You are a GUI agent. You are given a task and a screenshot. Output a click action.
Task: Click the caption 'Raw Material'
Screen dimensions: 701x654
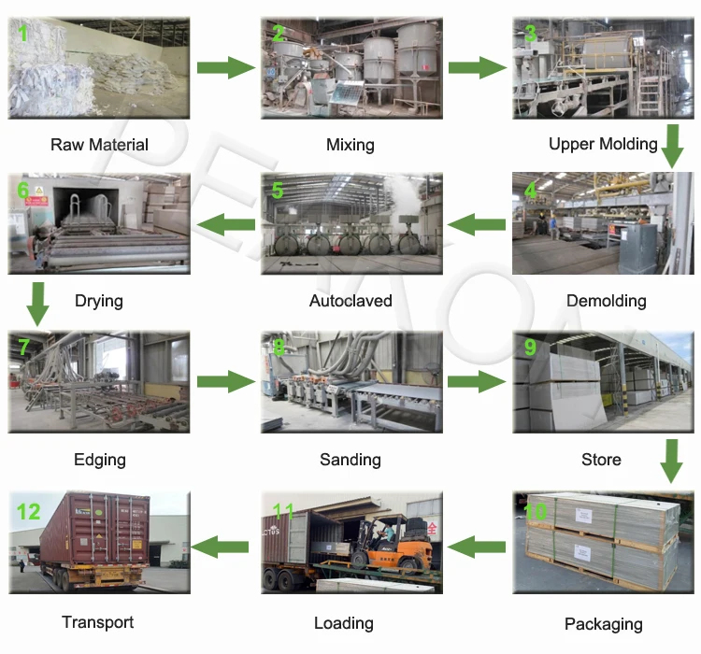tap(99, 145)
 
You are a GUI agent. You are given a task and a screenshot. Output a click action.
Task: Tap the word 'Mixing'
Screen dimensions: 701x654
tap(350, 146)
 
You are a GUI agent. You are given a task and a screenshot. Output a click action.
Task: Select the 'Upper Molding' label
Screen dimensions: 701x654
tap(603, 145)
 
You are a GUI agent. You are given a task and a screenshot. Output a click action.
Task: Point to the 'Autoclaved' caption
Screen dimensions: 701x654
tap(350, 301)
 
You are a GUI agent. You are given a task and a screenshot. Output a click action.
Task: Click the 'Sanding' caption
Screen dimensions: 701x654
tap(350, 460)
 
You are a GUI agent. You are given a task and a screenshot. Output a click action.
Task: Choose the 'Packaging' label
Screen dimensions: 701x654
tap(604, 624)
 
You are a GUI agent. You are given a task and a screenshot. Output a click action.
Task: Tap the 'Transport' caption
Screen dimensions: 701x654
tap(98, 622)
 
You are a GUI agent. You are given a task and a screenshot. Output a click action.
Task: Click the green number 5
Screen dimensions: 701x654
tap(278, 191)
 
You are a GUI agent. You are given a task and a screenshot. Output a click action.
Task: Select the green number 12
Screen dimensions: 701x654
tap(28, 512)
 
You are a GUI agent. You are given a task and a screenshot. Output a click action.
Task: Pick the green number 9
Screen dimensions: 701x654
tap(530, 348)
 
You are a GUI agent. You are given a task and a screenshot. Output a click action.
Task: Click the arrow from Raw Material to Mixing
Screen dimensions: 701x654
tap(226, 67)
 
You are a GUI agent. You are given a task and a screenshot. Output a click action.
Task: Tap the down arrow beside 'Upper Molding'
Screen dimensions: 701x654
tap(672, 147)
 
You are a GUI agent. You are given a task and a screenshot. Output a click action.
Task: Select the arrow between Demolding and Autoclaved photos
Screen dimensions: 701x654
tap(476, 224)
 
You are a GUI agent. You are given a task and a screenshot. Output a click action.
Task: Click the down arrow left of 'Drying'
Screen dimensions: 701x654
tap(38, 304)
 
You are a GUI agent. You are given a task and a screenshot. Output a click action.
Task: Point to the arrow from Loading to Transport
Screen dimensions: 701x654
tap(220, 547)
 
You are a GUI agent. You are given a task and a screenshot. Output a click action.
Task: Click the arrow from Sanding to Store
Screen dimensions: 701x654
tap(477, 381)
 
